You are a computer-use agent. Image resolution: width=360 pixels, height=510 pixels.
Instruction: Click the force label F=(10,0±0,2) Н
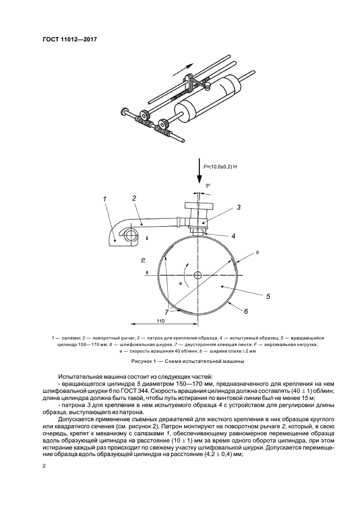click(220, 166)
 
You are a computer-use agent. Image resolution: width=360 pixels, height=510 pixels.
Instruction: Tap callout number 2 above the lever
click(134, 199)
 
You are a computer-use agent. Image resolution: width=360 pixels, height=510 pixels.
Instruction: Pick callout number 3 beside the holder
click(238, 208)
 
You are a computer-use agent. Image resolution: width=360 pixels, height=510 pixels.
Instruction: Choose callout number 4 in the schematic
click(233, 236)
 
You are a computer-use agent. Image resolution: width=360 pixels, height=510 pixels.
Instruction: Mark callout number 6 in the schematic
click(246, 312)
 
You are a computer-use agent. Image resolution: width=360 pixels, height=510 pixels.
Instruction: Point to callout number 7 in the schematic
click(167, 312)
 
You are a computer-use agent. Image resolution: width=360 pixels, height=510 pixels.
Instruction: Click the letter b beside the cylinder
click(257, 252)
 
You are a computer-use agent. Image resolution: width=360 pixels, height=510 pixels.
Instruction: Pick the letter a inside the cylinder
click(180, 284)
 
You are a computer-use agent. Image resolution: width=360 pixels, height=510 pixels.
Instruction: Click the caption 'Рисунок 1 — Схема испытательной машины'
click(180, 361)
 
